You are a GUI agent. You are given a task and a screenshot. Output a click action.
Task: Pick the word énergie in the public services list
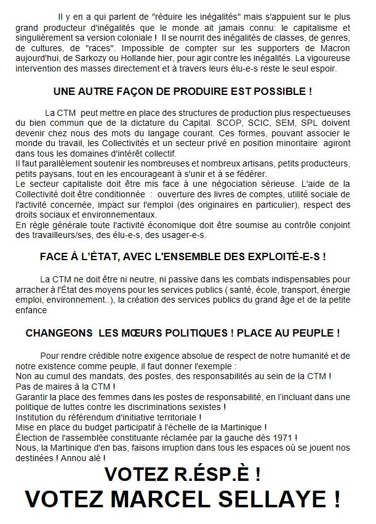333,290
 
